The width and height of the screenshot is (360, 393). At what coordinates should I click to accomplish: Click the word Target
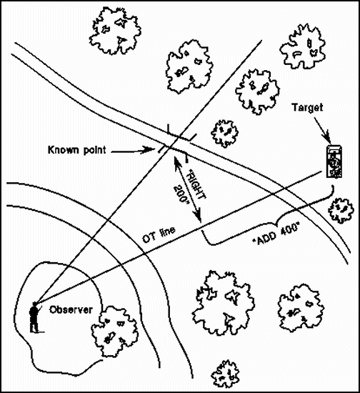tap(307, 108)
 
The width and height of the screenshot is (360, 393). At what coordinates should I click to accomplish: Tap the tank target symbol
tap(334, 161)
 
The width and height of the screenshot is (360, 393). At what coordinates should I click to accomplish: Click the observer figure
tap(34, 318)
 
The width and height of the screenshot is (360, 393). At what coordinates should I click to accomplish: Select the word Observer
tap(71, 310)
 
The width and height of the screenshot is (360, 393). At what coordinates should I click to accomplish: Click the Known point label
tap(77, 150)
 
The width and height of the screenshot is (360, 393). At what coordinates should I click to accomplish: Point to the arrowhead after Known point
tap(149, 150)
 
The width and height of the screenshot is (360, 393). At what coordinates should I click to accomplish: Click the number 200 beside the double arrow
tap(181, 195)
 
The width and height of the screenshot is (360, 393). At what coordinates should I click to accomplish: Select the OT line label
tap(159, 235)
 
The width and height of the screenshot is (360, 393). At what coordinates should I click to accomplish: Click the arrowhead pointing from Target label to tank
tap(327, 139)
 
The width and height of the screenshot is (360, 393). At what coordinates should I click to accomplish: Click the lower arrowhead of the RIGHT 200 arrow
tap(198, 217)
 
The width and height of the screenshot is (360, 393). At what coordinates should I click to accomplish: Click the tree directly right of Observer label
tap(114, 332)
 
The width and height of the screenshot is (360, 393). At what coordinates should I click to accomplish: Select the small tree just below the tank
tap(341, 211)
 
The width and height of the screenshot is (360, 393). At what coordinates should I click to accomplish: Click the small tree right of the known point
tap(224, 134)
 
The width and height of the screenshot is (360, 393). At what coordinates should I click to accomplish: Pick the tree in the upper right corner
tap(302, 47)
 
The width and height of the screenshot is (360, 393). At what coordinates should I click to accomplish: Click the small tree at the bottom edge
tap(225, 374)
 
